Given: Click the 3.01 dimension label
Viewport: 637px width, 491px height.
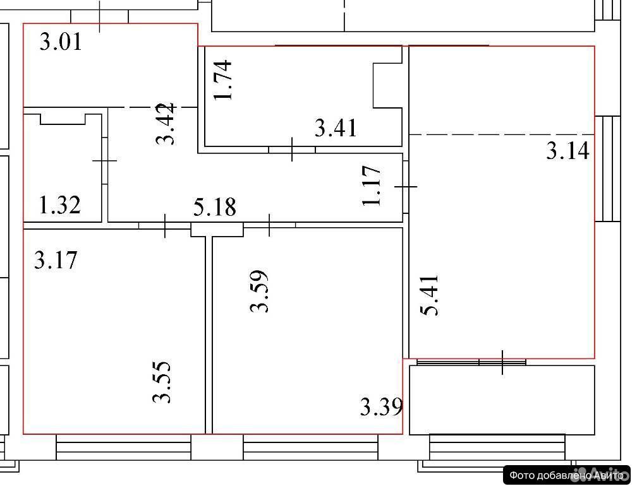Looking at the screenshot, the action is tap(61, 42).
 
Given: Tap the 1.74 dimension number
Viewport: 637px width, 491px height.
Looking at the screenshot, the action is tap(223, 80).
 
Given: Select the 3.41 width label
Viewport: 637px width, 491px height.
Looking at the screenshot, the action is tap(336, 128).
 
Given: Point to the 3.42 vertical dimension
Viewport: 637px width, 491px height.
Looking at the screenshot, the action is tap(166, 123).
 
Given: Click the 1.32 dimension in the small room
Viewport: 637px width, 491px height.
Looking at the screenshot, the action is tap(59, 205).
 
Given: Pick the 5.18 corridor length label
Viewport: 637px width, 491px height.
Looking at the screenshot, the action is tap(214, 207).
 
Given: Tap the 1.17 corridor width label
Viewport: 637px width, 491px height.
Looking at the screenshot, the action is tap(372, 186).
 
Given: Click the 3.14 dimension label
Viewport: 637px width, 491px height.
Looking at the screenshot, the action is tap(567, 151).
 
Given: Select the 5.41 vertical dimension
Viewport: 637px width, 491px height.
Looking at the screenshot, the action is tap(430, 295).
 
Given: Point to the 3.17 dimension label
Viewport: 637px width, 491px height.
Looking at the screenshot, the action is tap(56, 260).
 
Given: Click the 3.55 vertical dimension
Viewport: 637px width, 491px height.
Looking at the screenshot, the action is tap(162, 382).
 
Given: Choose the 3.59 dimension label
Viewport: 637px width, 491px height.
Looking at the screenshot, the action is tap(259, 292).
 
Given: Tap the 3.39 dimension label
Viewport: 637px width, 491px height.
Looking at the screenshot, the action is tap(382, 407).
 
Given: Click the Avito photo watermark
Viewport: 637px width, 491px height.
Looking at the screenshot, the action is tap(566, 475).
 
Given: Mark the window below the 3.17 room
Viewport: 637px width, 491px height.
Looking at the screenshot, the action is tap(123, 447).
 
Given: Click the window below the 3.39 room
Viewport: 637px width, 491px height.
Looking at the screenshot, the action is tap(311, 447).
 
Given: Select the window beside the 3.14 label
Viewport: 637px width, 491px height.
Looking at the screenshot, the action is tap(608, 169).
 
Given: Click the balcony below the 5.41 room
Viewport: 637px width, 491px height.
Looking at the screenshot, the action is tap(502, 400).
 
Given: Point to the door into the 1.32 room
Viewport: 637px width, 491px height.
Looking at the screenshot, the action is tap(105, 161).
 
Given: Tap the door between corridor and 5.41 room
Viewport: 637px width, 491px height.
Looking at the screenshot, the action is tap(406, 187).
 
